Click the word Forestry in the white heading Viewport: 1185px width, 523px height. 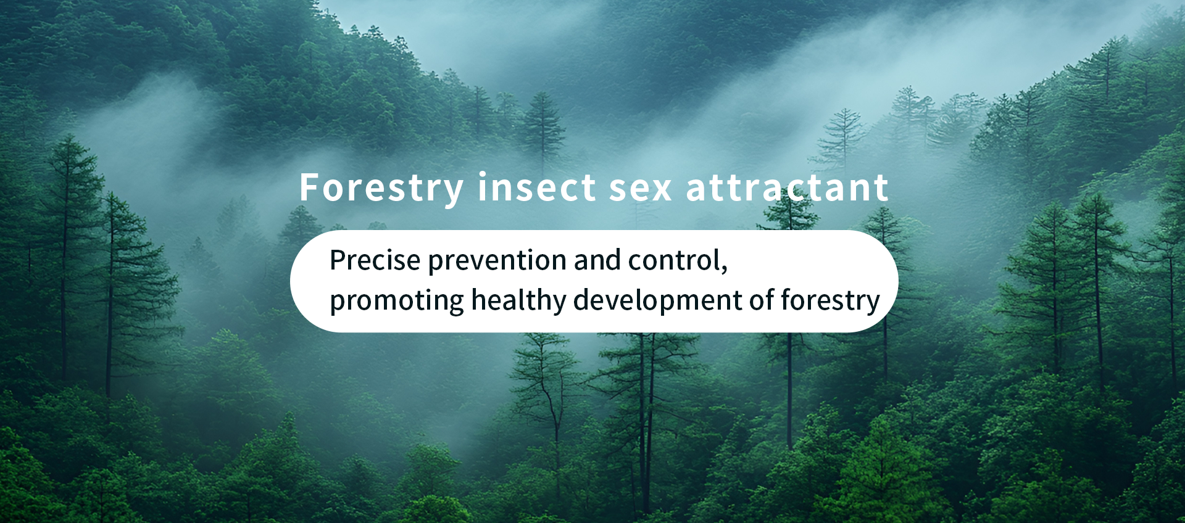pyautogui.click(x=381, y=188)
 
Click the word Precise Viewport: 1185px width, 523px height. pyautogui.click(x=375, y=260)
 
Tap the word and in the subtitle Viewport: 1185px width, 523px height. pyautogui.click(x=597, y=260)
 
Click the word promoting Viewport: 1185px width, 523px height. pyautogui.click(x=397, y=302)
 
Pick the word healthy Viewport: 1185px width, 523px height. pyautogui.click(x=518, y=302)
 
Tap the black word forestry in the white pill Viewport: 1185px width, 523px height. pyautogui.click(x=830, y=302)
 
